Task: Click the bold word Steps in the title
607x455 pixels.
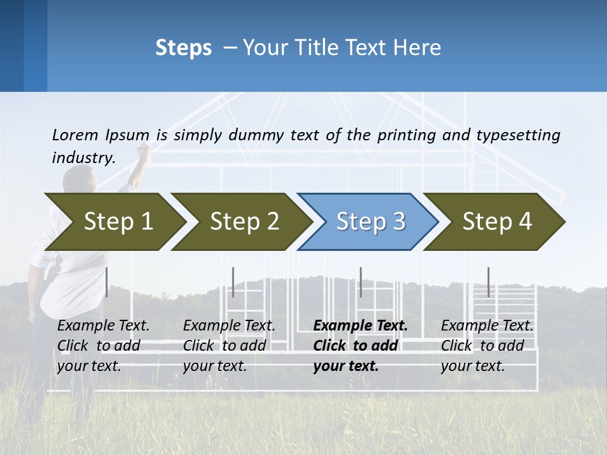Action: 183,48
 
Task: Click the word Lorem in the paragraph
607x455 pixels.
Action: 75,135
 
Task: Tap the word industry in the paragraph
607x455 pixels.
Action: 83,157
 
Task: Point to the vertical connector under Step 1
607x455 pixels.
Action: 107,282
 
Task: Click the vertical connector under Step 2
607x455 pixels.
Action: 233,282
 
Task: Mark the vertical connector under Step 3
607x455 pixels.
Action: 361,282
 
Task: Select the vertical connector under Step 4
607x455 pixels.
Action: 489,282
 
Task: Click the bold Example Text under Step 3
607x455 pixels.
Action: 360,326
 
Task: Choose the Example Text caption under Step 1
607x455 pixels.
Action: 103,326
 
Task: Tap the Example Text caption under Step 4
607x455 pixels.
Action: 487,326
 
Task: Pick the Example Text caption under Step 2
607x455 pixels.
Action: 229,326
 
